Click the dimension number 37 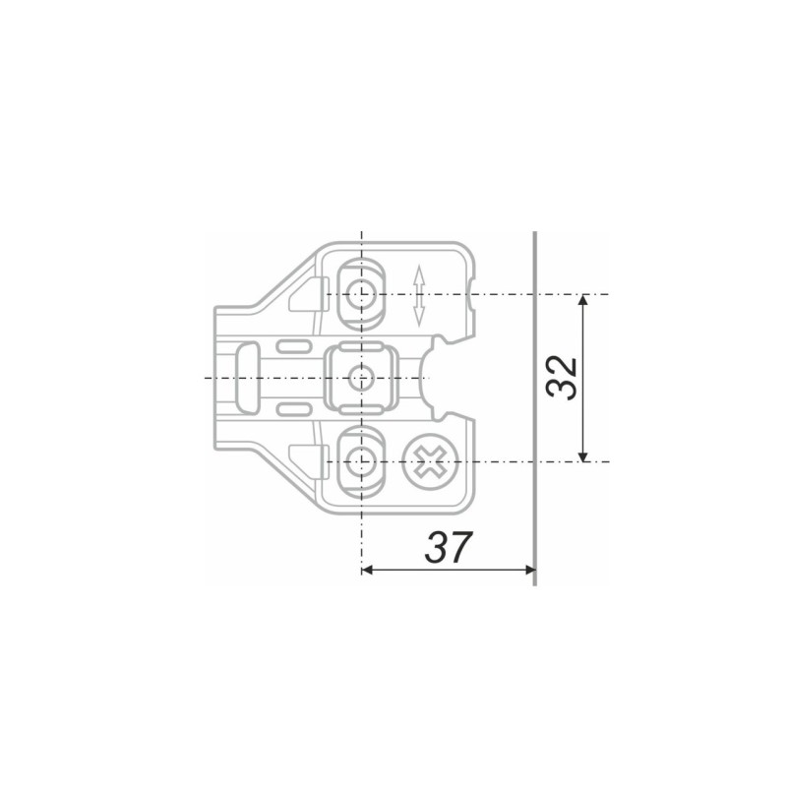point(449,547)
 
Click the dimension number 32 point(562,378)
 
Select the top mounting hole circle point(361,293)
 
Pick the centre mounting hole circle point(361,378)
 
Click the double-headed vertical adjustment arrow point(419,296)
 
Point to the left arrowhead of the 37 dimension point(367,570)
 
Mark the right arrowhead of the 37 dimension point(529,570)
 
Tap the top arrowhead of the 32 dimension point(582,300)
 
